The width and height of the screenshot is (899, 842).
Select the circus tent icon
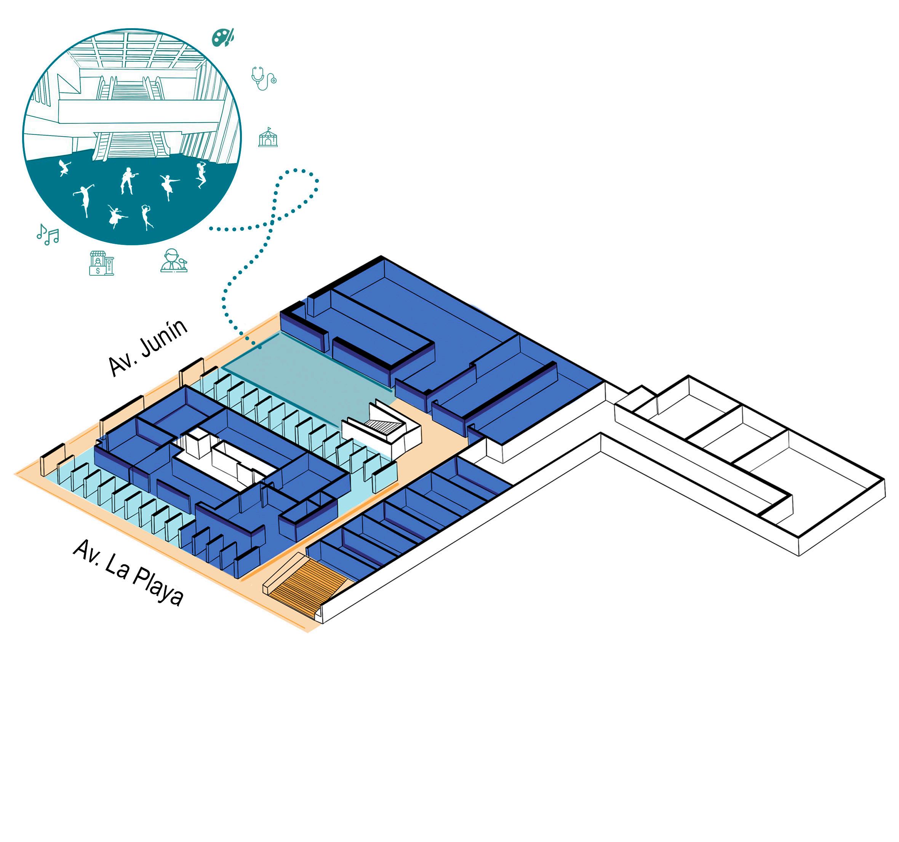[x=268, y=137]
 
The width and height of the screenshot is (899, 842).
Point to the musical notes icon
[x=48, y=234]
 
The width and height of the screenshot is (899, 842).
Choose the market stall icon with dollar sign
[x=101, y=263]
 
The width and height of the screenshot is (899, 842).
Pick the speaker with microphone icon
[x=174, y=260]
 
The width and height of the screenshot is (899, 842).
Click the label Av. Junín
[x=148, y=347]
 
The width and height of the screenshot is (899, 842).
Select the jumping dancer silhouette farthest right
[x=201, y=174]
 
